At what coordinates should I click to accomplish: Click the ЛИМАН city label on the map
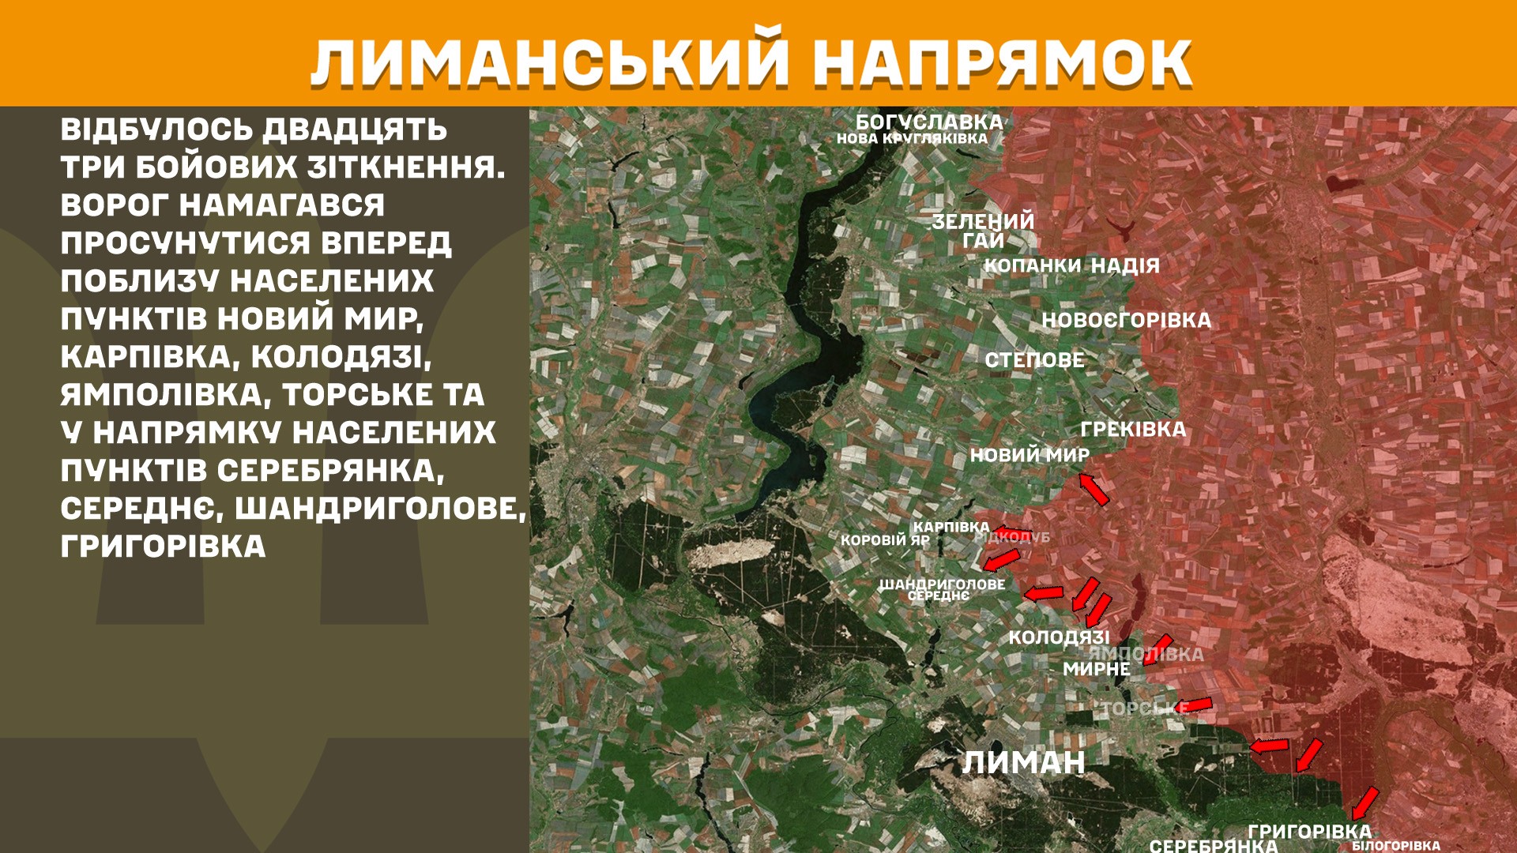(x=1023, y=762)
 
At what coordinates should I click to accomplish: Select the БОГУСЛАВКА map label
(x=929, y=122)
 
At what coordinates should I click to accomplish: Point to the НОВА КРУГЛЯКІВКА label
(x=912, y=138)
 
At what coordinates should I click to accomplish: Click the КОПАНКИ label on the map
(x=1032, y=265)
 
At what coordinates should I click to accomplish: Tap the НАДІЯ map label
(x=1125, y=265)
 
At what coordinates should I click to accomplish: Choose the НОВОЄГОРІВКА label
(x=1126, y=320)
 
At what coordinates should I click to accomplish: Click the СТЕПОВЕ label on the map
(x=1034, y=360)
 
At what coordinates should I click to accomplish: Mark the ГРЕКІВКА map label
(x=1133, y=430)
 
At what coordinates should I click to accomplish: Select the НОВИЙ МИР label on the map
(x=1030, y=455)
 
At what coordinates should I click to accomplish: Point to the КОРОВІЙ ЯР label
(x=885, y=540)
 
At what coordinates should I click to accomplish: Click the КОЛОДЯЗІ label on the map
(x=1059, y=637)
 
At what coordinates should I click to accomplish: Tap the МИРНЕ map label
(x=1096, y=669)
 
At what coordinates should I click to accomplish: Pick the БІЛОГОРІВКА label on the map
(x=1395, y=846)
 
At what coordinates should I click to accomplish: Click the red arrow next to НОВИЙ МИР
(x=1094, y=489)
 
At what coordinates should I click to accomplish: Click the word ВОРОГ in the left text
(x=113, y=205)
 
